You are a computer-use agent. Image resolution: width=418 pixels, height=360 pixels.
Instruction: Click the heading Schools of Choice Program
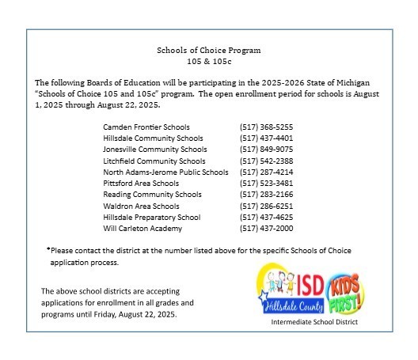tap(209, 50)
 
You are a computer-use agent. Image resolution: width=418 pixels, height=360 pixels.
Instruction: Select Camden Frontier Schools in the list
tap(146, 127)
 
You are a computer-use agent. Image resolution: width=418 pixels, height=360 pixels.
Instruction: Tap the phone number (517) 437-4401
tap(266, 138)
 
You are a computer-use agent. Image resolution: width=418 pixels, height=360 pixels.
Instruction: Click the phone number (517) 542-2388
tap(266, 161)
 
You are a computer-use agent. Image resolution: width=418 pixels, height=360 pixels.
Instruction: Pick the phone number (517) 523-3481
tap(266, 183)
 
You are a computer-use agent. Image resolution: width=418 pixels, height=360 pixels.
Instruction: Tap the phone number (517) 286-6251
tap(266, 206)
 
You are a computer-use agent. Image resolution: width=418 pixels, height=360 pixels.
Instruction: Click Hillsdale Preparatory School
tap(152, 217)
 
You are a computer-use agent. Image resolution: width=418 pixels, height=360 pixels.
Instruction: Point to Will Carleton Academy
tap(142, 228)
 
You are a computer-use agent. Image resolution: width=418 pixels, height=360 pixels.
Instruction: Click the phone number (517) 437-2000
tap(266, 228)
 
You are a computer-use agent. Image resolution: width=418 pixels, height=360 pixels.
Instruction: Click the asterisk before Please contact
tap(48, 249)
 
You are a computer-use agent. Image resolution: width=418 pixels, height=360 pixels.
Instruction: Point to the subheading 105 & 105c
tap(209, 61)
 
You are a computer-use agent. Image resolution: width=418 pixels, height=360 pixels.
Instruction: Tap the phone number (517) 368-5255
tap(266, 127)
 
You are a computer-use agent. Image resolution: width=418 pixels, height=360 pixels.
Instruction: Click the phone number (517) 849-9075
tap(266, 149)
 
